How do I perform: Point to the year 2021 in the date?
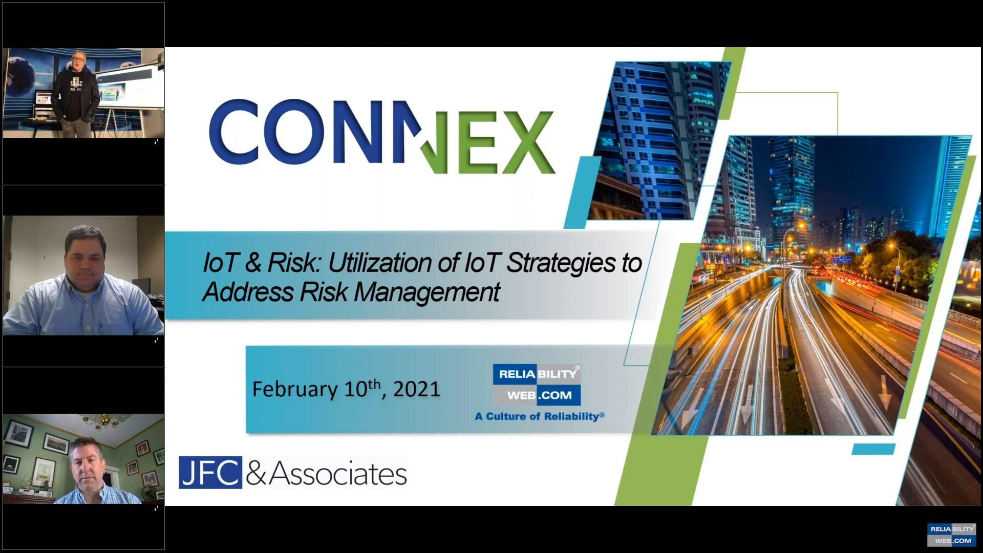pyautogui.click(x=417, y=389)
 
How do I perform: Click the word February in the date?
pyautogui.click(x=294, y=390)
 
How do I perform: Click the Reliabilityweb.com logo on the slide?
pyautogui.click(x=537, y=385)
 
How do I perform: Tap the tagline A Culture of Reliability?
pyautogui.click(x=539, y=416)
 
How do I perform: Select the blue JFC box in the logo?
pyautogui.click(x=210, y=473)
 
